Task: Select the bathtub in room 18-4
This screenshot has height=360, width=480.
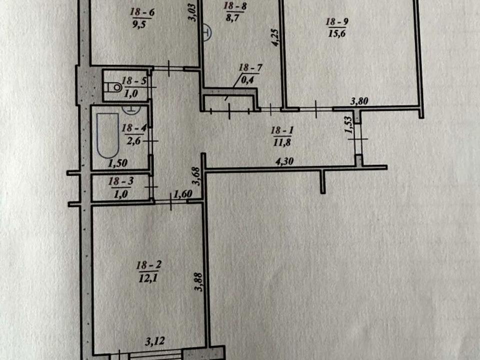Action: (x=106, y=135)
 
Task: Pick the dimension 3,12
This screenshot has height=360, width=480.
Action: (x=154, y=341)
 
